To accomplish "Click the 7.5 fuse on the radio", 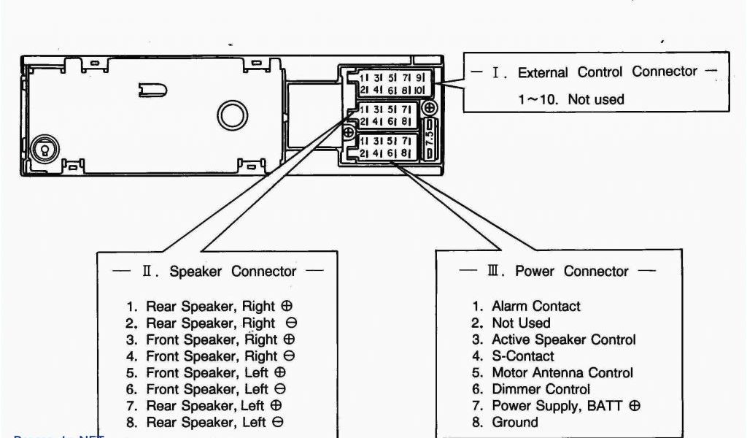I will coord(430,137).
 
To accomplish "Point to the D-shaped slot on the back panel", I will coord(154,90).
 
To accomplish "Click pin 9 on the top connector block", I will coord(419,77).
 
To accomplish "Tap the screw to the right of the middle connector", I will coord(430,107).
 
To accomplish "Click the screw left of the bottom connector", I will coord(349,133).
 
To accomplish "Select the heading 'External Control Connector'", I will coord(607,72).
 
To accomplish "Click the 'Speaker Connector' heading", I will coord(233,272).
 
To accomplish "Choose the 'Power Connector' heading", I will coord(571,272).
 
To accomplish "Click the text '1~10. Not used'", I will coord(571,99).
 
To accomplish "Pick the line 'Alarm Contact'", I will coord(535,307).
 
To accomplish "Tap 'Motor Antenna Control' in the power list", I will coord(562,373).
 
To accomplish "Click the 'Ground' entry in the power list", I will coord(515,422).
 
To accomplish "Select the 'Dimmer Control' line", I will coord(541,390).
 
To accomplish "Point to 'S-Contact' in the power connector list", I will coord(522,356).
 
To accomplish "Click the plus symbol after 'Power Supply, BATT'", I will coord(634,406).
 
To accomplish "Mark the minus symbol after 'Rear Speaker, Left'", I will coord(278,423).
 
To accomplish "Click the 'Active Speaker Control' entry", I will coord(563,340).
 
